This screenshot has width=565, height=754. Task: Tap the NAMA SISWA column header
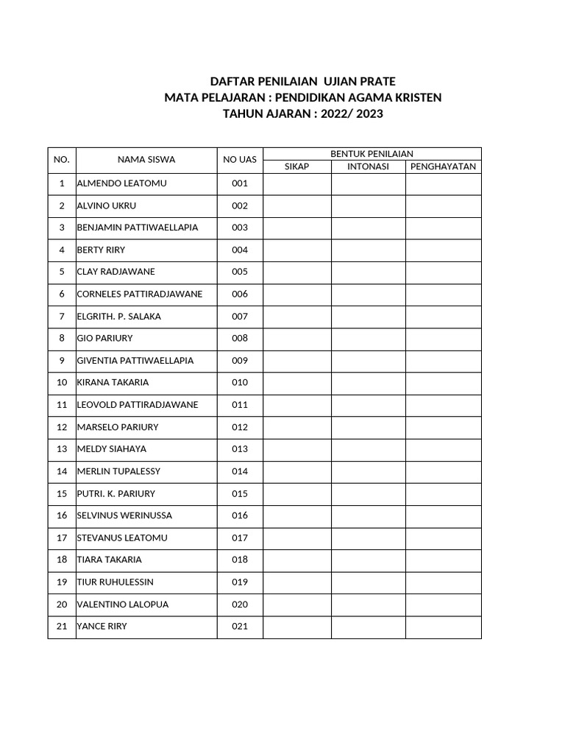coord(146,159)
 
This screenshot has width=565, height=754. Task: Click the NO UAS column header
coord(240,159)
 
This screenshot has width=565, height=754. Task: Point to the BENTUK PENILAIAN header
coord(372,153)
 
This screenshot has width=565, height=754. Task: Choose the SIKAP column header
coord(297,166)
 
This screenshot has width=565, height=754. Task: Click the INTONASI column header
coord(368,166)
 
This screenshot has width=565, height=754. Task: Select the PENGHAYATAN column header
coord(443,166)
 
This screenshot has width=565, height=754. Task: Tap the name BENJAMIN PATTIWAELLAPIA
coord(138,228)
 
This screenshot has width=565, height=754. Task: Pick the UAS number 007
coord(240,316)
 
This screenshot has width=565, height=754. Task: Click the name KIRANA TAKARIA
coord(113,382)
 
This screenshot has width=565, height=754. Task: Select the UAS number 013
coord(240,449)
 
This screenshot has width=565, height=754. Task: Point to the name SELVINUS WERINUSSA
coord(124,515)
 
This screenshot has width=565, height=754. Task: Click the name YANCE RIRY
coord(102,627)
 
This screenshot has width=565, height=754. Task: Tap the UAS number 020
coord(240,605)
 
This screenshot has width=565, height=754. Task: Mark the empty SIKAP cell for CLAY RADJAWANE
coord(297,272)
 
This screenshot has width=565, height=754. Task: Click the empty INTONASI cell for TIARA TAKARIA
coord(368,560)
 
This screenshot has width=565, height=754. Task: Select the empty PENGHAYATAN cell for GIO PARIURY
coord(443,338)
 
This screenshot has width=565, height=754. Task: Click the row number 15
coord(62,493)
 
